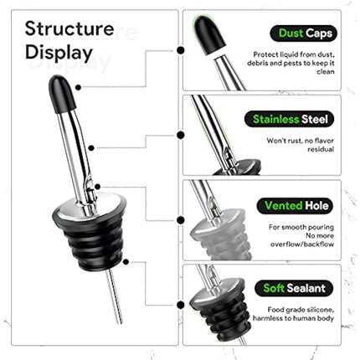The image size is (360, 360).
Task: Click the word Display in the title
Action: click(x=59, y=54)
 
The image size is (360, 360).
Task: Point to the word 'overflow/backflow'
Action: click(x=300, y=247)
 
